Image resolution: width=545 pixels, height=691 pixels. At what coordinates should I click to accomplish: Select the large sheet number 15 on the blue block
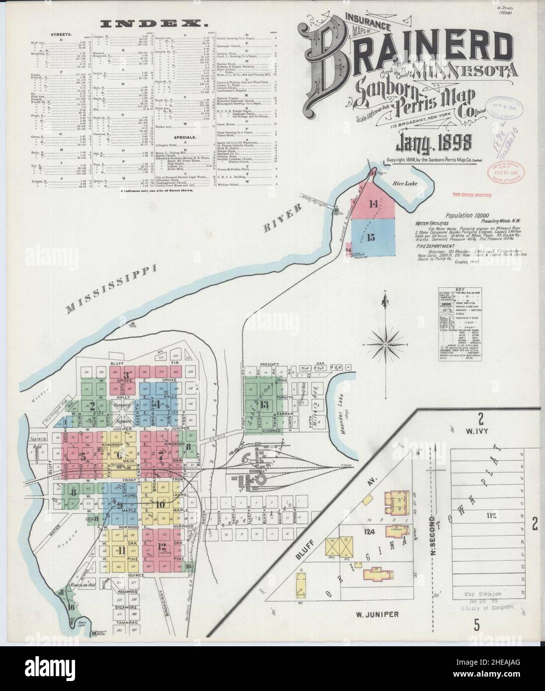[x=370, y=237]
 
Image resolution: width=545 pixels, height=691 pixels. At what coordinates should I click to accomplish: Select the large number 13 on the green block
[x=266, y=404]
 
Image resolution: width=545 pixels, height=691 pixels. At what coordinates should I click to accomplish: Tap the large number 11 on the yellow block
[x=120, y=550]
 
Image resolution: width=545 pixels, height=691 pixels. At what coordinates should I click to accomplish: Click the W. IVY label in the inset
[x=482, y=431]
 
